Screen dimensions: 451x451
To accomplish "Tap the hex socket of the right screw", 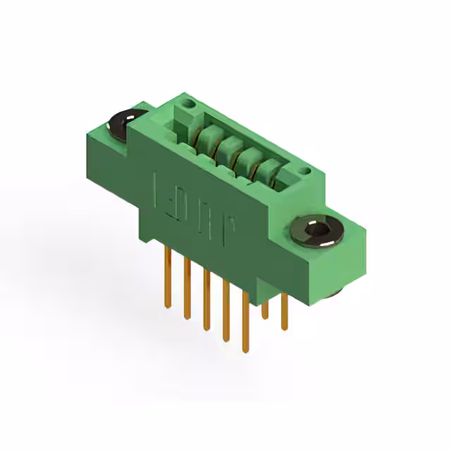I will point(315,230).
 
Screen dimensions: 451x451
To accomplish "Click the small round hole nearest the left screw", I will point(187,106).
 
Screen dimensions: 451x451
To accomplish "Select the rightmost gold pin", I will point(284,311).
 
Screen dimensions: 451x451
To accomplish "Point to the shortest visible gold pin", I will point(265,310).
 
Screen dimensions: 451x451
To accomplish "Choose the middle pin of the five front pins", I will point(206,299).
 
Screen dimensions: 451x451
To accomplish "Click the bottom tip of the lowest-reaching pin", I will point(245,350).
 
